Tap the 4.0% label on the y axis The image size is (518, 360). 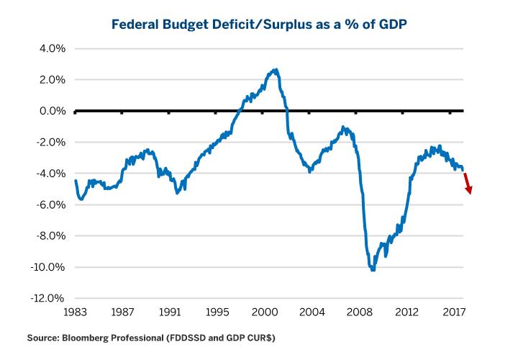(x=52, y=49)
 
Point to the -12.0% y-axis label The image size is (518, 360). (x=48, y=299)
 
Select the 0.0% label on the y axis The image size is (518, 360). (x=52, y=112)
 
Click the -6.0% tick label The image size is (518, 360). (x=50, y=205)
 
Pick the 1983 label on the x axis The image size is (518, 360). (x=75, y=312)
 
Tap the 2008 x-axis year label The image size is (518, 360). (x=359, y=312)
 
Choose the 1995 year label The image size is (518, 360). (x=216, y=312)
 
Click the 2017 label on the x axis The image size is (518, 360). (x=453, y=312)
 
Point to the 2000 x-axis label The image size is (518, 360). (x=265, y=312)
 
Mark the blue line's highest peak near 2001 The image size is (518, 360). (x=276, y=70)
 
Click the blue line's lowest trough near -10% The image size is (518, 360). (x=373, y=269)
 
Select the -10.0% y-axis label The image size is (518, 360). (x=48, y=268)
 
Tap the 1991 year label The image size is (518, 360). (x=169, y=312)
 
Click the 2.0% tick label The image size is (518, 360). (x=52, y=80)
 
